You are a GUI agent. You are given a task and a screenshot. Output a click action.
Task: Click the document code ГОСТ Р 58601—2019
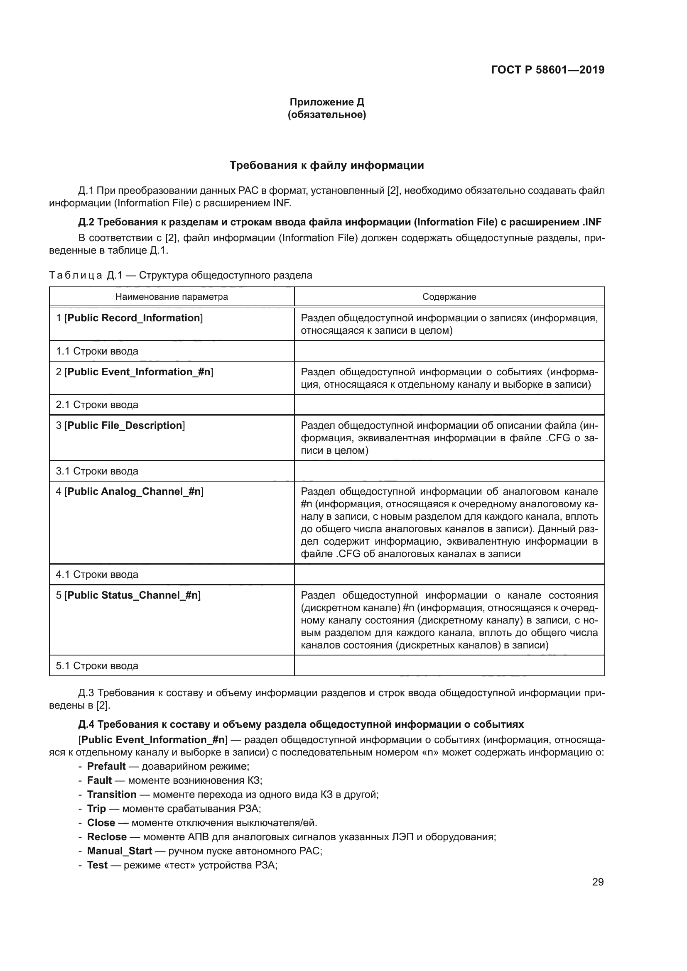point(547,70)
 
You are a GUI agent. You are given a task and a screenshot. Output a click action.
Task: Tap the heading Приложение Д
point(326,102)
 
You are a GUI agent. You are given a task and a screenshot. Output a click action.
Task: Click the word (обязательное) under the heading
point(326,115)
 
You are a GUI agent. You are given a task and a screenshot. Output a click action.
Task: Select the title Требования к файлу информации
point(326,165)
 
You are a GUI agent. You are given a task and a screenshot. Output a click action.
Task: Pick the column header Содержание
point(449,296)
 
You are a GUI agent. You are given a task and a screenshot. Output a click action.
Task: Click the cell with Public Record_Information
point(134,318)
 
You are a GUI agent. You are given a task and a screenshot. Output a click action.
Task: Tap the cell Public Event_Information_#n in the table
point(139,372)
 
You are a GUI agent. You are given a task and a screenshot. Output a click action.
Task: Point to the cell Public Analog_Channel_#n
point(134,492)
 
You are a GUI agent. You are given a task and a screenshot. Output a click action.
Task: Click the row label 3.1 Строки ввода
point(97,471)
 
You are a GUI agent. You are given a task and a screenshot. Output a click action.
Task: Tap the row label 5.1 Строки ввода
point(97,665)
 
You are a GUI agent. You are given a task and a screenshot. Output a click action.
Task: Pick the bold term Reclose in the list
point(107,836)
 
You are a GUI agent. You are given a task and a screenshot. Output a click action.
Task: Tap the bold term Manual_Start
point(119,851)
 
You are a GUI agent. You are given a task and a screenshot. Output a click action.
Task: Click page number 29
point(598,882)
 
